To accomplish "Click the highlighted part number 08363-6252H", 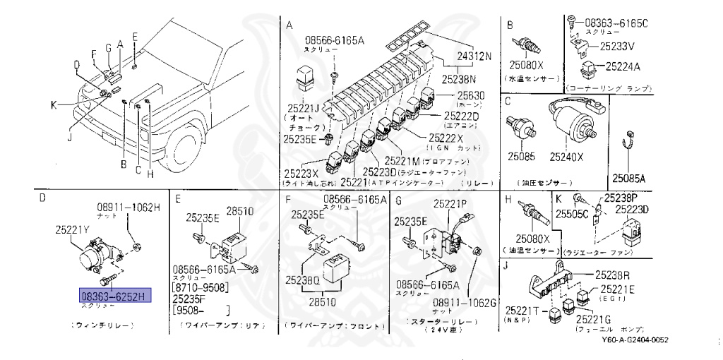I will (113, 296).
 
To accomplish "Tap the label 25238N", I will (460, 79).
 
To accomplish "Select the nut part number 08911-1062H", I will (129, 208).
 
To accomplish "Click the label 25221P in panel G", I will (450, 204).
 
